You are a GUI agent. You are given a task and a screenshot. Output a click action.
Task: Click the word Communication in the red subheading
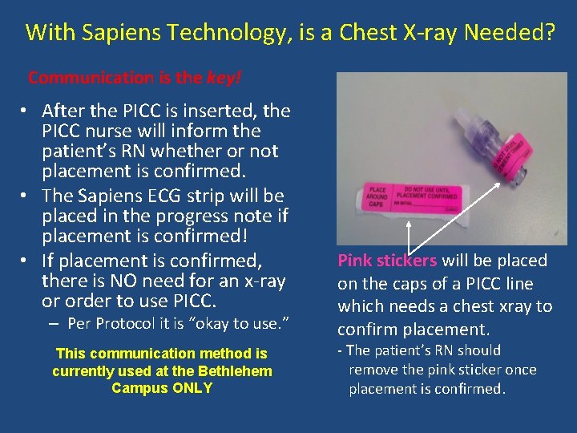91,78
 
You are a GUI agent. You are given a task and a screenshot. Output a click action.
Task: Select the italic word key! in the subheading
224,78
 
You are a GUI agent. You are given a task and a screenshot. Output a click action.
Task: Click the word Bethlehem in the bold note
232,371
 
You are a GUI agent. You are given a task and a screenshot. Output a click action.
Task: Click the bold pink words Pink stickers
387,261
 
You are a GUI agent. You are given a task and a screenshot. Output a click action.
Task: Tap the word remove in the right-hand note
375,370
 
